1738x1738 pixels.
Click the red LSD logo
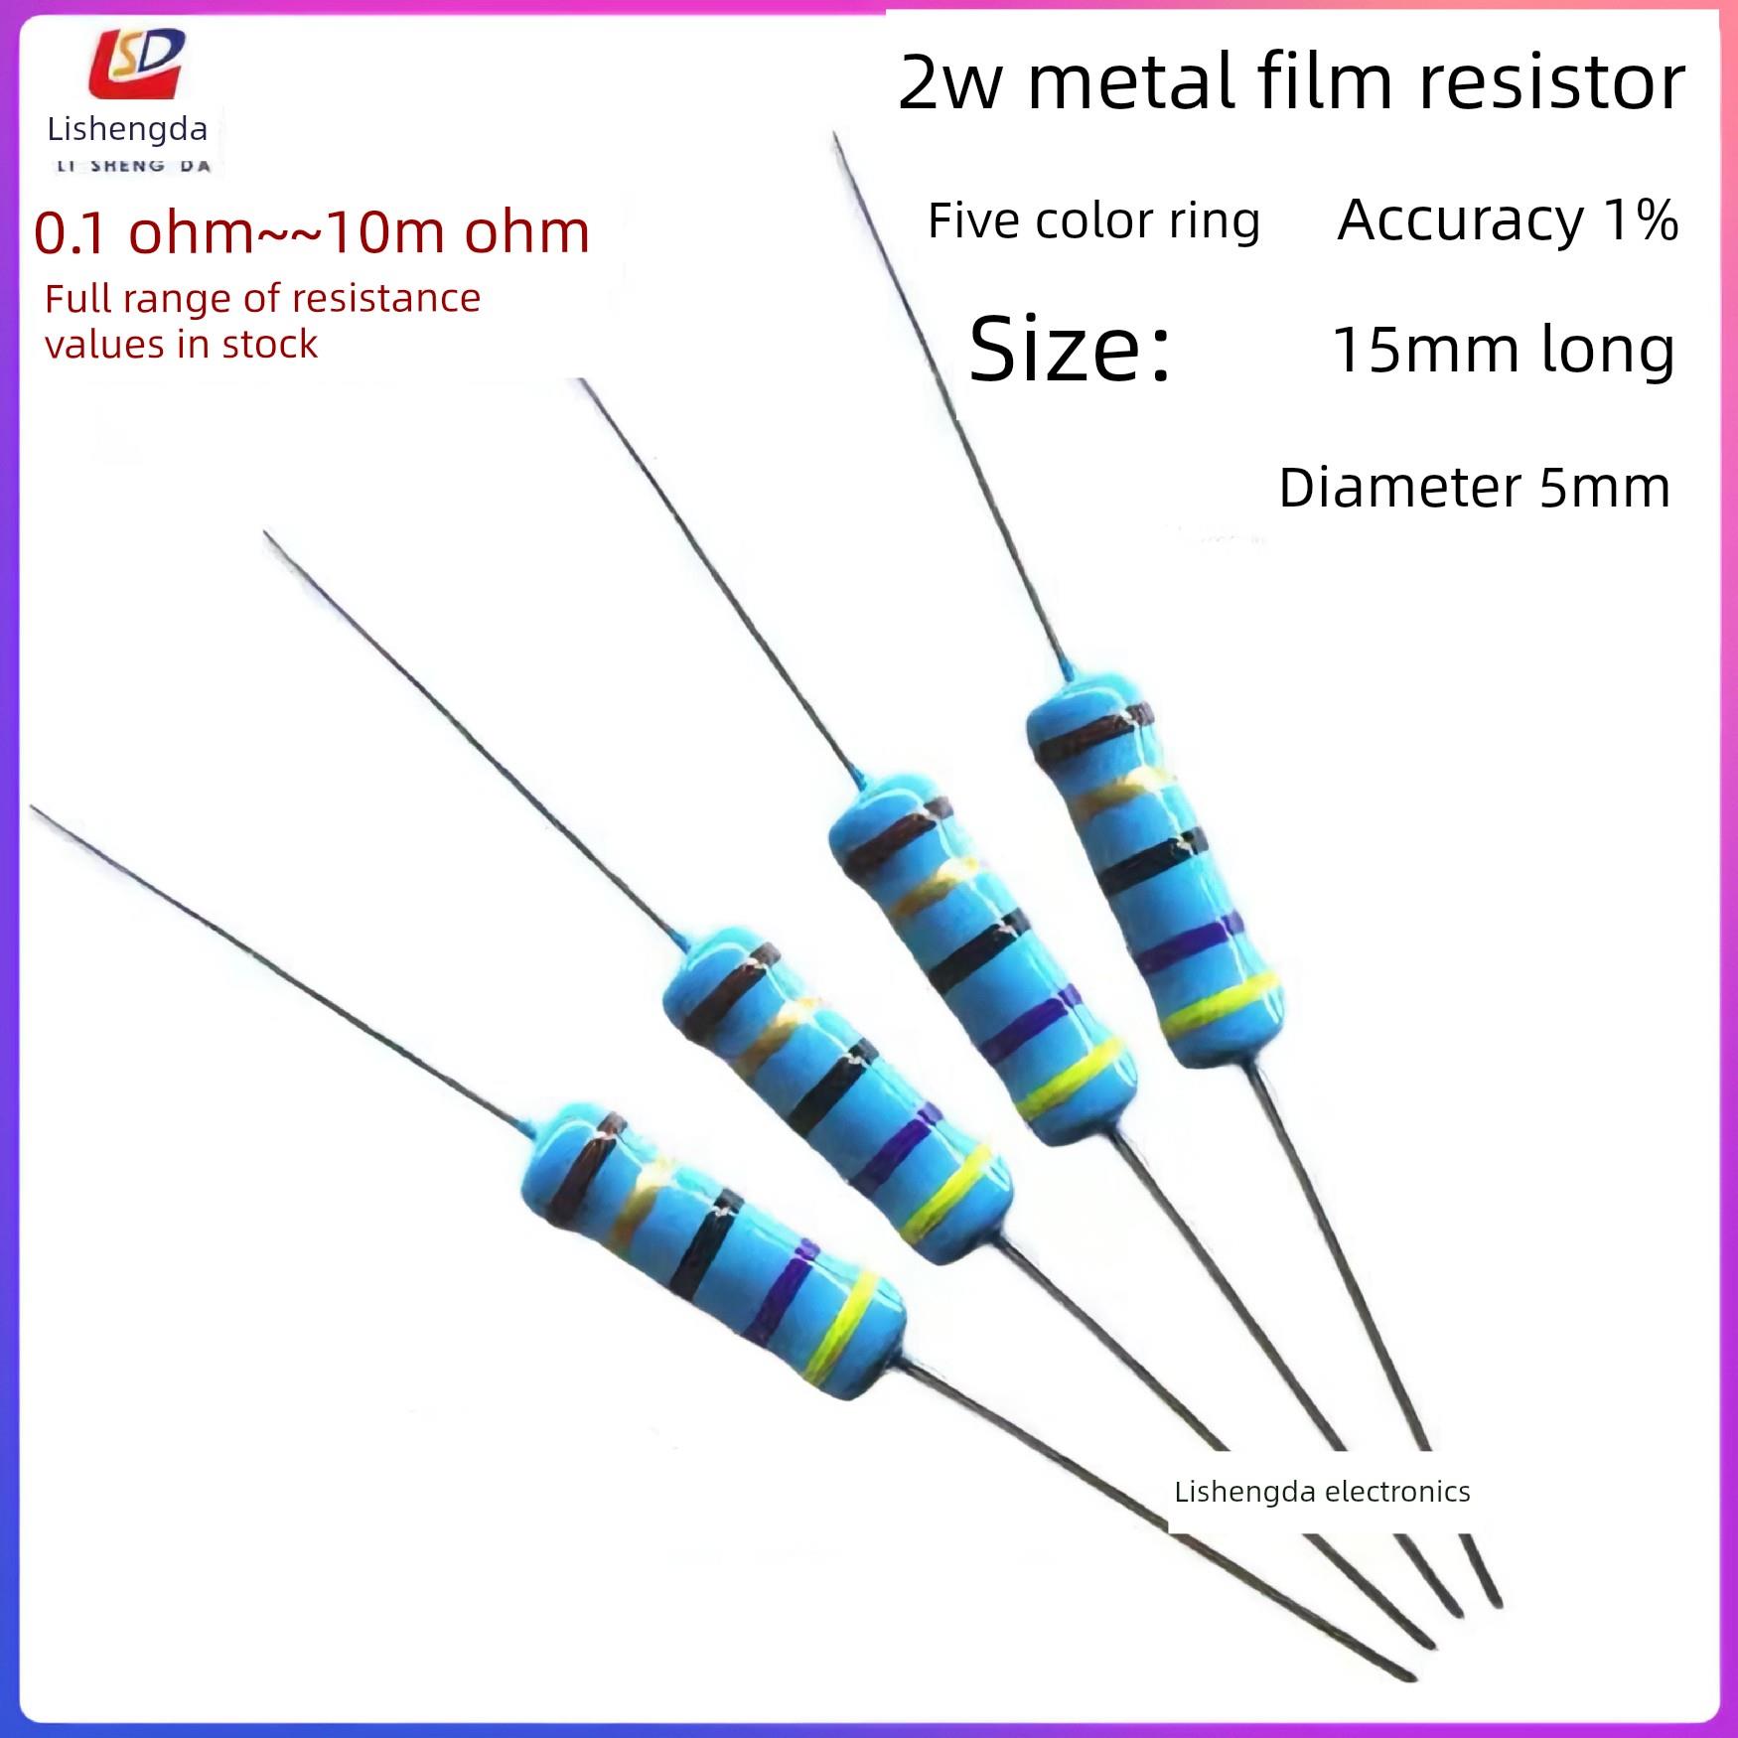tap(136, 65)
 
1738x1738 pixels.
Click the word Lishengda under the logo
tap(127, 129)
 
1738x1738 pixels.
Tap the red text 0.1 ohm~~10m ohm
tap(312, 232)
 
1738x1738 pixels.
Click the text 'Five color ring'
tap(1093, 220)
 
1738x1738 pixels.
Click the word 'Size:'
tap(1070, 350)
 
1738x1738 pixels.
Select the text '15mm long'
tap(1503, 351)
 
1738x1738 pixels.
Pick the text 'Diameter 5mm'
tap(1474, 488)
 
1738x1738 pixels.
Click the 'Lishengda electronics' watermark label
tap(1321, 1492)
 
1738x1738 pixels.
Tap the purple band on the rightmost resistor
tap(1188, 942)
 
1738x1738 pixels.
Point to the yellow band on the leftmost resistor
tap(842, 1326)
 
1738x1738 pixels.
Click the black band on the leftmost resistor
tap(707, 1242)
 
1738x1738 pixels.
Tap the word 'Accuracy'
tap(1460, 219)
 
